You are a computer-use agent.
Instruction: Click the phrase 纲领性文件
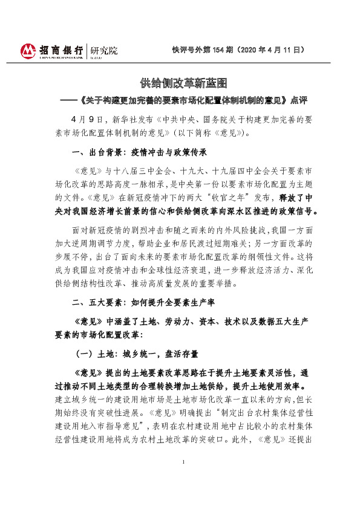point(271,256)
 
